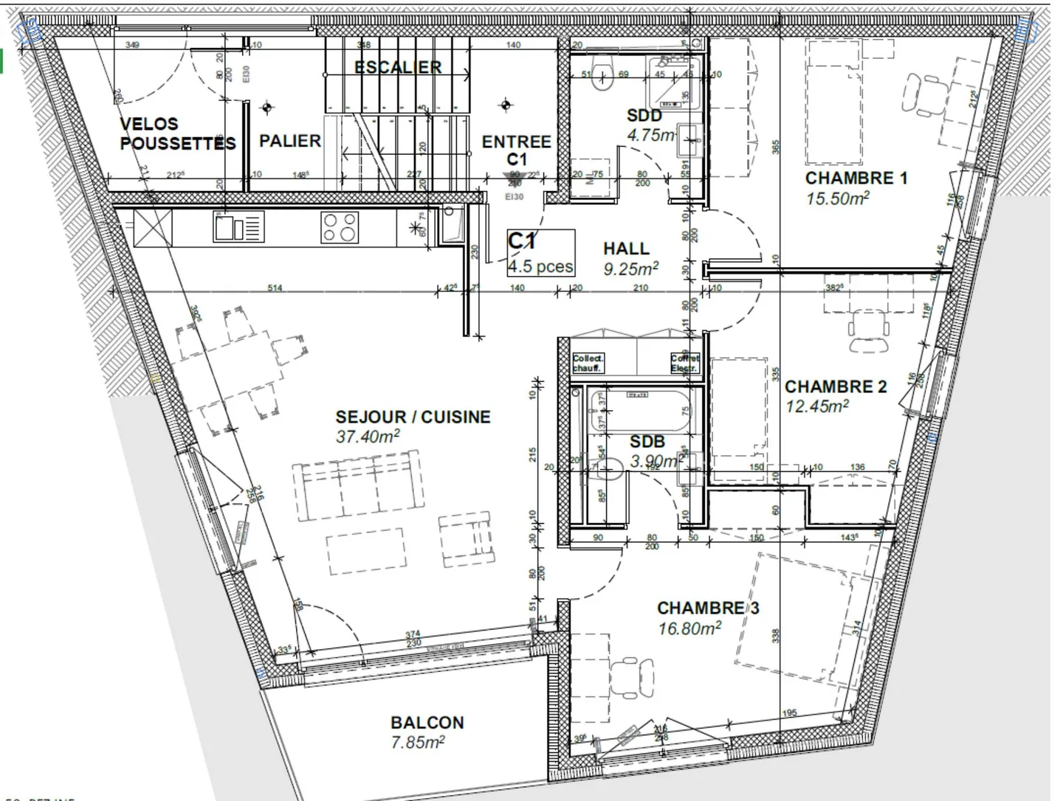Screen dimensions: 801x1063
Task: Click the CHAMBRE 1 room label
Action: pos(856,178)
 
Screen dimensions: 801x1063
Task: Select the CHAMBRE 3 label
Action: pos(707,608)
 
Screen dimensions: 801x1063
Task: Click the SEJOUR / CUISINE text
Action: pos(413,417)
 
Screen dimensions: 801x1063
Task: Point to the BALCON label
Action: pos(427,723)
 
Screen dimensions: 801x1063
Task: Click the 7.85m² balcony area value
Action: pos(417,742)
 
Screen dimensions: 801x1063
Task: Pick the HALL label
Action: pos(626,249)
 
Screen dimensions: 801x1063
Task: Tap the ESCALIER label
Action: pos(397,67)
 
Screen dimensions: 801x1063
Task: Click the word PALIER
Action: pos(290,141)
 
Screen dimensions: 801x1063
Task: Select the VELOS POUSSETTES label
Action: pos(176,133)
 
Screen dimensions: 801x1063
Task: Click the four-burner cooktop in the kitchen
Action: pos(339,227)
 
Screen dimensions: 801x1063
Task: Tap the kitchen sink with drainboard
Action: pos(238,226)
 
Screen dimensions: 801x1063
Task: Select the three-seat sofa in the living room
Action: pos(357,487)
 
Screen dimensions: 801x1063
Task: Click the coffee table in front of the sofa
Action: pos(366,550)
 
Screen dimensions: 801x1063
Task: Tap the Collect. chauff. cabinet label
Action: pos(588,363)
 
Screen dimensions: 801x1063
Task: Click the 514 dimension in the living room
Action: pos(275,288)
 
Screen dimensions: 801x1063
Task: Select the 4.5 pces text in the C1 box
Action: pos(540,266)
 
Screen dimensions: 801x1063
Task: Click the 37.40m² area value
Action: pos(367,436)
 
